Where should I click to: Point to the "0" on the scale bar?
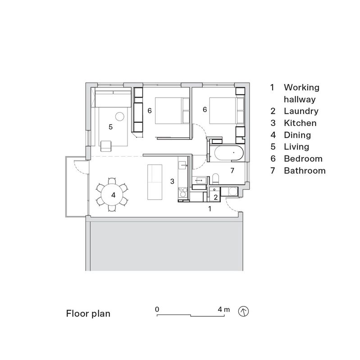click(157, 310)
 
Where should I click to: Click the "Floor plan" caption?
click(88, 313)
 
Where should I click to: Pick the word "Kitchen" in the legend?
click(300, 123)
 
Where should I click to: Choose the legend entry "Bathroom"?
click(305, 171)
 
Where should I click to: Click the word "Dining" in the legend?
click(297, 135)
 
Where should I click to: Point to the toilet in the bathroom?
click(215, 178)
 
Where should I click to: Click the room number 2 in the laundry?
click(215, 197)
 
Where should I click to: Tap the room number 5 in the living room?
click(110, 127)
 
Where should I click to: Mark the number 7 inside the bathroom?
click(232, 171)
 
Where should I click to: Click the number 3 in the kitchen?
click(172, 181)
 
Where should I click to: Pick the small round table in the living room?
click(120, 117)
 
